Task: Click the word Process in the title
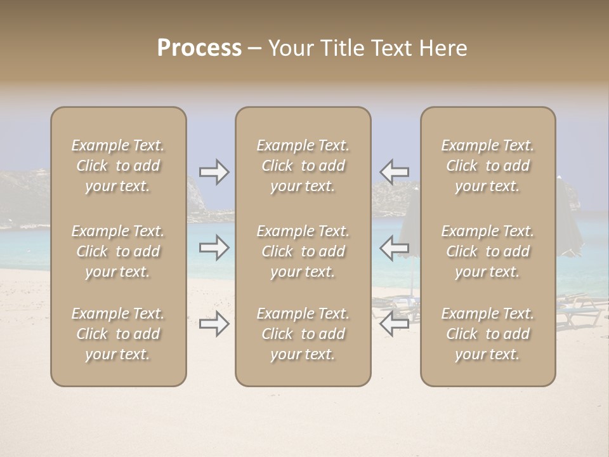199,48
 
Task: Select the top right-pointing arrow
214,172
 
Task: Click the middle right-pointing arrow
214,248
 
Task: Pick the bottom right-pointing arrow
214,324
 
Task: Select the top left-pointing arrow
394,172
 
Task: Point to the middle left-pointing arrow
394,248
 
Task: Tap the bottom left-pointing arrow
394,324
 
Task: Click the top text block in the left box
118,166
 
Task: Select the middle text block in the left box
118,251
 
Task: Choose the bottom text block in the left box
118,334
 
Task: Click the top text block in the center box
303,166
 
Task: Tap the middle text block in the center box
303,251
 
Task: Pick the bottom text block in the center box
303,334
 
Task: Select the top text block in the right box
487,166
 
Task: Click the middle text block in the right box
487,251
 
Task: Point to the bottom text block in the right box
487,334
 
